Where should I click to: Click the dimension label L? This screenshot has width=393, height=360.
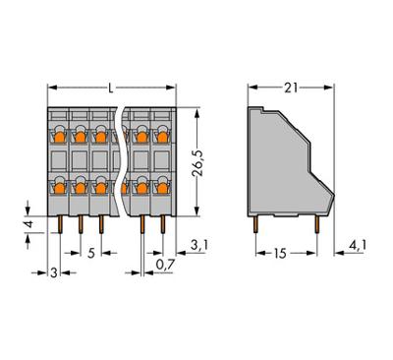pyautogui.click(x=109, y=90)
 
